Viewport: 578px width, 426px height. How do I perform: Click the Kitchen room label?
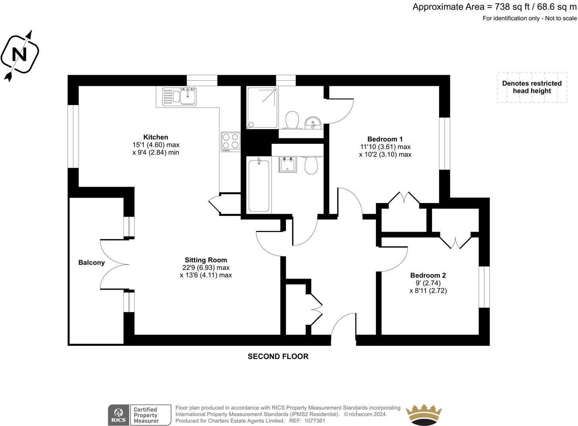point(156,137)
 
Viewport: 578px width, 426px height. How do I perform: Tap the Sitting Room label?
point(206,260)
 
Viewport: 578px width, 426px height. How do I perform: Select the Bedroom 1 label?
point(385,139)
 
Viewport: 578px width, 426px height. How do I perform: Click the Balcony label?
point(91,263)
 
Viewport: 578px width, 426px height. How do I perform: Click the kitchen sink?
point(179,97)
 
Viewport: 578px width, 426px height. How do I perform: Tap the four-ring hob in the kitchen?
point(231,141)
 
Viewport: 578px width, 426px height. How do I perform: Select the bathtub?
point(259,186)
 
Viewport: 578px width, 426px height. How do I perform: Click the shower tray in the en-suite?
point(262,108)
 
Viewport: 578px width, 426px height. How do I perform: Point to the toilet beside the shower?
point(293,120)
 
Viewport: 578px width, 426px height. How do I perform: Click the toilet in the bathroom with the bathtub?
point(311,165)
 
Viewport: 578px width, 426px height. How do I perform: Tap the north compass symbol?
point(19,55)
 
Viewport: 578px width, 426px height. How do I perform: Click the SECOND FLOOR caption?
point(278,356)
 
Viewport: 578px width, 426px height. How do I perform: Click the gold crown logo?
point(424,415)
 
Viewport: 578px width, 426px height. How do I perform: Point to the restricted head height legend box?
point(532,87)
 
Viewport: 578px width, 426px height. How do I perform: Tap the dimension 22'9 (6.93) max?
point(206,267)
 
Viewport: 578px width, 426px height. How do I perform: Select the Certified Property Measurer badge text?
point(146,415)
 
